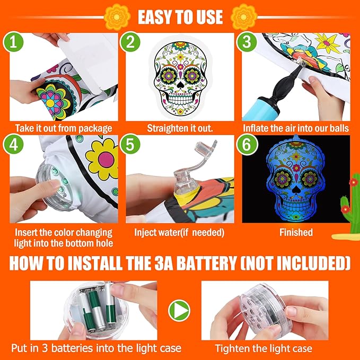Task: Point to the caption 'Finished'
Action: click(x=296, y=232)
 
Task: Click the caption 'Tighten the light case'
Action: click(x=264, y=348)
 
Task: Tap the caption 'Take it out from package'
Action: click(x=64, y=128)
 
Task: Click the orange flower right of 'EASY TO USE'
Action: click(x=245, y=16)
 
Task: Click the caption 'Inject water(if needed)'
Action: click(x=179, y=232)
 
